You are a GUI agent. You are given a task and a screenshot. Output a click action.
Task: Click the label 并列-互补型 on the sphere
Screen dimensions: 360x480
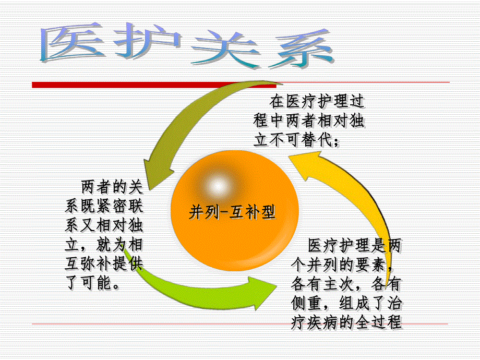[x=232, y=212]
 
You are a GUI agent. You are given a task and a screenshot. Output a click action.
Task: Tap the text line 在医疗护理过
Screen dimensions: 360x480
[x=316, y=101]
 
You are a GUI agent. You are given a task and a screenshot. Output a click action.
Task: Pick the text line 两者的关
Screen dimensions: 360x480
[x=111, y=186]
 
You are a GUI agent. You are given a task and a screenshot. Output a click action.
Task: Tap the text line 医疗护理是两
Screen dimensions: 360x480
[x=354, y=245]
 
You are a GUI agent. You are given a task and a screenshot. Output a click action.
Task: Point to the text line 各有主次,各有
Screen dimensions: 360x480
[x=346, y=284]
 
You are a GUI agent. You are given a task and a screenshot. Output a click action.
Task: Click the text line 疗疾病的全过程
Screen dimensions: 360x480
[x=346, y=322]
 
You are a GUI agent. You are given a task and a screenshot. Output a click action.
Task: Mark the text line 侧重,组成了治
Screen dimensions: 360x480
[x=346, y=303]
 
